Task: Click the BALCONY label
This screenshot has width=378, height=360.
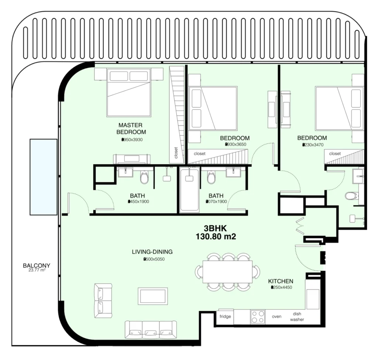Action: (37, 265)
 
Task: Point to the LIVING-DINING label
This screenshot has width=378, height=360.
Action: (152, 252)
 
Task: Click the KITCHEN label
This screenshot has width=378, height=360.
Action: (281, 281)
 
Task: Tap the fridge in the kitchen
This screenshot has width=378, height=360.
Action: (225, 316)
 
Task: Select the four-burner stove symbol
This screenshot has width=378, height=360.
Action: (258, 316)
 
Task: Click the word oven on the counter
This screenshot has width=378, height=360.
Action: (276, 316)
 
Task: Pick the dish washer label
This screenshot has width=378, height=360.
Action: (297, 316)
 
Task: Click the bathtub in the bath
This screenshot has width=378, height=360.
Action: (189, 190)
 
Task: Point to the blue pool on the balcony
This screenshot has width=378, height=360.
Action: (44, 177)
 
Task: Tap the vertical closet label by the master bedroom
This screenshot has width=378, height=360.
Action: (176, 152)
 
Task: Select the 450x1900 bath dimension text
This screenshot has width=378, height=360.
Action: (138, 202)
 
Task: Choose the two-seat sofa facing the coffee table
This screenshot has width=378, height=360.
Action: (103, 301)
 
